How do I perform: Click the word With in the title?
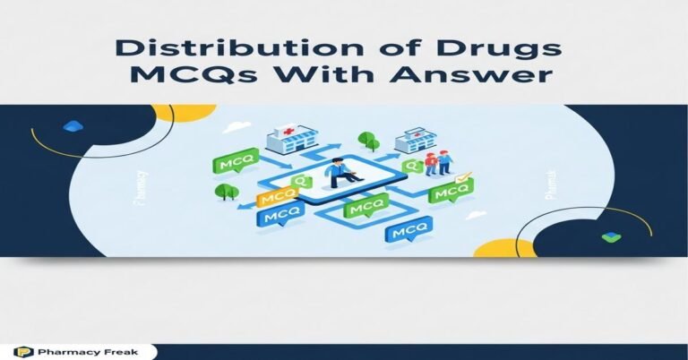point(350,78)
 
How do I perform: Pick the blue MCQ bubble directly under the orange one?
point(277,218)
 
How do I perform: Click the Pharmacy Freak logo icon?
point(21,352)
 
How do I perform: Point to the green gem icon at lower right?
point(611,236)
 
